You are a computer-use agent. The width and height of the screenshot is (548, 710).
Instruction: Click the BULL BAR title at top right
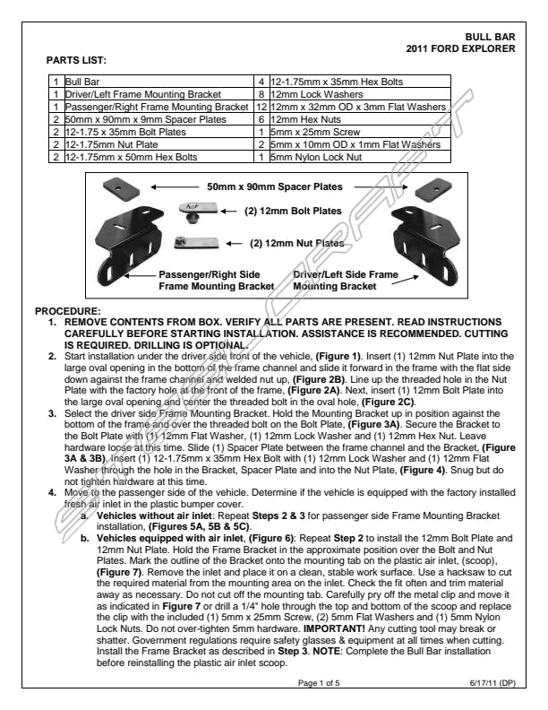[491, 37]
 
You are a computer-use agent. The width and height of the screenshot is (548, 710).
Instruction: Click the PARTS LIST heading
[76, 60]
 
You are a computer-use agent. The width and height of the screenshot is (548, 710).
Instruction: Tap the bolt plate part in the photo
[198, 212]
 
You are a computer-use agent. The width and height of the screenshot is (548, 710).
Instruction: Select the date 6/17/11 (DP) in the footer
[492, 683]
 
